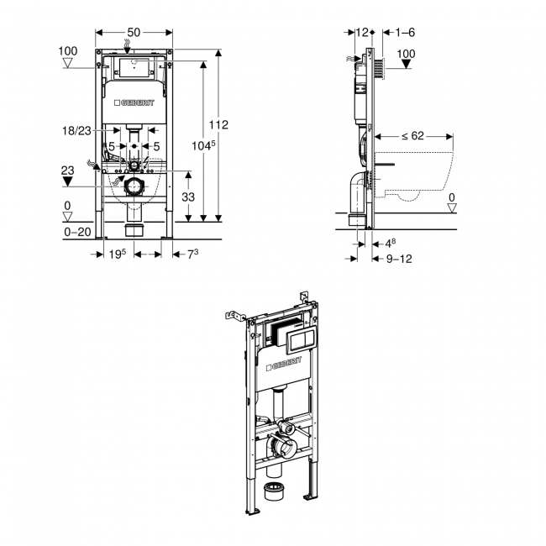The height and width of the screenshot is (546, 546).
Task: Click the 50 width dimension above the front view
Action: click(133, 32)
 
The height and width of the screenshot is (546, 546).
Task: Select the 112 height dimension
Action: click(218, 124)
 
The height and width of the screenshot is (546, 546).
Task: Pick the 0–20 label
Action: click(78, 232)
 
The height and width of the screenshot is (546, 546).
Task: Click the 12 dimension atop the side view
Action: click(362, 32)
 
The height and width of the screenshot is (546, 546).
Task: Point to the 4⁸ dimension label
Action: click(389, 244)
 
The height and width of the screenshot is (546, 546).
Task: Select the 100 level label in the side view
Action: click(406, 54)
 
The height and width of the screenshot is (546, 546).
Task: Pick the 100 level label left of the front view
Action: click(69, 51)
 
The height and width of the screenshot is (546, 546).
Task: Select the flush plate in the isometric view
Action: click(300, 339)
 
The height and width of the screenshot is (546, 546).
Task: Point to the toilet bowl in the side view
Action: click(416, 172)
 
